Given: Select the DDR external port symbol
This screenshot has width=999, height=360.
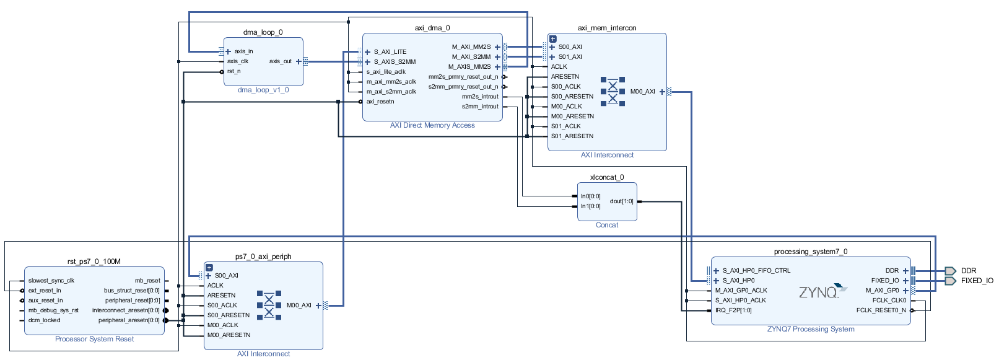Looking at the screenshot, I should click(x=950, y=271).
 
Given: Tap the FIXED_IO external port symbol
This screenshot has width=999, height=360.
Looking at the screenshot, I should click(x=950, y=281).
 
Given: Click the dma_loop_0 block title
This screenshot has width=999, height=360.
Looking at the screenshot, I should click(x=263, y=32).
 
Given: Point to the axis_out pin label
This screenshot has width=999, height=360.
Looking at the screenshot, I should click(x=280, y=61).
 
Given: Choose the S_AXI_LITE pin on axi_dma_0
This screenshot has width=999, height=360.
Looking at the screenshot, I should click(x=390, y=52).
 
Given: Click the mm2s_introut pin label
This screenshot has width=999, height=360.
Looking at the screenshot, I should click(x=480, y=97).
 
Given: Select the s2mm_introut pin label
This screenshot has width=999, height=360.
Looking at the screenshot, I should click(x=480, y=107).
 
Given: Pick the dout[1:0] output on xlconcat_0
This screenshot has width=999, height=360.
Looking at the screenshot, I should click(x=621, y=201).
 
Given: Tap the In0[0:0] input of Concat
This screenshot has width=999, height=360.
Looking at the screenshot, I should click(x=591, y=196).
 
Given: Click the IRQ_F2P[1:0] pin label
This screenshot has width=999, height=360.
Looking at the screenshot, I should click(x=733, y=310).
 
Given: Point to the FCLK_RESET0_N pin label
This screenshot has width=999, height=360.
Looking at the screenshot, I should click(x=881, y=310).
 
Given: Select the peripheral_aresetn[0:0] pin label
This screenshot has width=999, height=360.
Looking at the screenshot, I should click(x=129, y=320).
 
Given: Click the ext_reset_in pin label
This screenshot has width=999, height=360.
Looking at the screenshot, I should click(x=45, y=291).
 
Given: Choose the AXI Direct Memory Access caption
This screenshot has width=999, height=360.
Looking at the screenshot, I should click(x=432, y=125).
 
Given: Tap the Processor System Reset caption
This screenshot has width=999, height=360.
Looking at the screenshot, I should click(x=94, y=339).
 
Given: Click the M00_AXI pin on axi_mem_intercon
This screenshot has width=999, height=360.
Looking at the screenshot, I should click(x=642, y=92).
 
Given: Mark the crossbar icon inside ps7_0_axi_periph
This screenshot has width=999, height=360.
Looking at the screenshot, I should click(x=269, y=305).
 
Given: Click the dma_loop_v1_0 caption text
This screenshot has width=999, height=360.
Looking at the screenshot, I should click(x=263, y=90).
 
